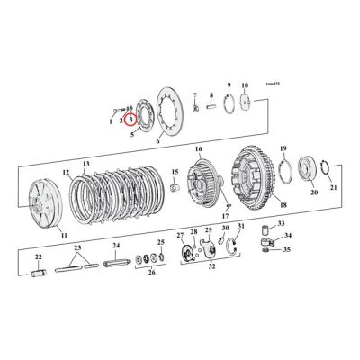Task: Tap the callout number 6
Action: (159, 142)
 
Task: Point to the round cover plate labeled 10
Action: (244, 103)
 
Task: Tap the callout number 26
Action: (148, 274)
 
